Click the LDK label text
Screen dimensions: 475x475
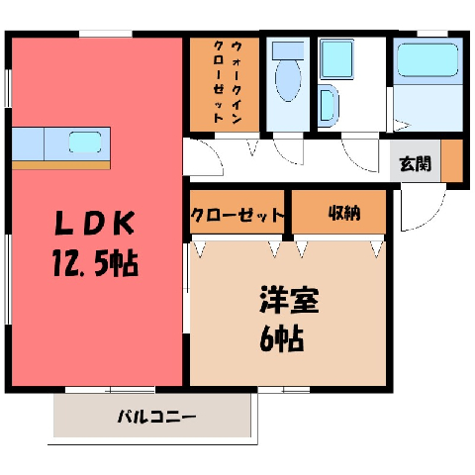click(x=95, y=223)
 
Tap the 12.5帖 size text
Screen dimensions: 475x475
click(x=95, y=263)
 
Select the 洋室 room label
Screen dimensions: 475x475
click(x=289, y=300)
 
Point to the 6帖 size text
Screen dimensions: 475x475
click(x=281, y=338)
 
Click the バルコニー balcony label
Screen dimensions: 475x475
click(x=157, y=417)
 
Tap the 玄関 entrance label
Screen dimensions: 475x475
click(x=416, y=163)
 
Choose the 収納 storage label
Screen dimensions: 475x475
click(x=344, y=214)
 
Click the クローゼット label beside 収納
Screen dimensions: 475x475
click(x=237, y=216)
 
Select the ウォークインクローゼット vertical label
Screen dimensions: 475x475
click(x=228, y=82)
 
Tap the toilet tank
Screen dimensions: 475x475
click(x=288, y=50)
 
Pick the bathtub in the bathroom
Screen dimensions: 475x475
click(x=427, y=60)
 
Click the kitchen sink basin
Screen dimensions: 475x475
click(x=85, y=142)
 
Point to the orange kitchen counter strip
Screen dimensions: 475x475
click(x=61, y=165)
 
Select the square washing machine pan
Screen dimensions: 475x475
click(x=336, y=59)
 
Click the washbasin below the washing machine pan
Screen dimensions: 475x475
click(x=328, y=106)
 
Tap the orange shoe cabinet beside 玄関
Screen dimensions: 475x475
click(x=452, y=160)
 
